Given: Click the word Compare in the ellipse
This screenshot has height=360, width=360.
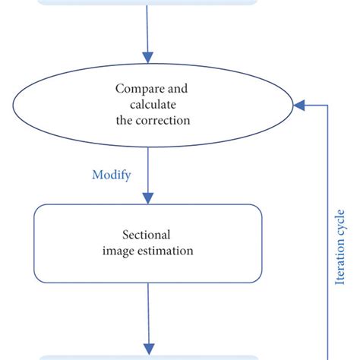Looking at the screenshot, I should [138, 89].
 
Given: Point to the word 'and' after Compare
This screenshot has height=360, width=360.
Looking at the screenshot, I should [174, 89].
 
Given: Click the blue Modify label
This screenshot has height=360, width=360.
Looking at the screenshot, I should [112, 175].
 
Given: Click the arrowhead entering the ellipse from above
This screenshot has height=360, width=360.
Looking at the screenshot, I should [149, 57].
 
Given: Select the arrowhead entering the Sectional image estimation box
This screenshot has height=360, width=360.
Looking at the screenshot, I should [149, 197].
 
